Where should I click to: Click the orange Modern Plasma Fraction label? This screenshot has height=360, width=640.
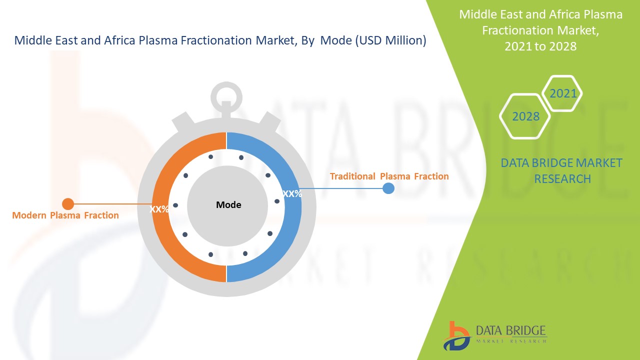pyautogui.click(x=65, y=215)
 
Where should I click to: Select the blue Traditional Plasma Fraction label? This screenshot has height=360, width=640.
pyautogui.click(x=389, y=176)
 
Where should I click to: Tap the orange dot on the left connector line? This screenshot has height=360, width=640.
pyautogui.click(x=68, y=204)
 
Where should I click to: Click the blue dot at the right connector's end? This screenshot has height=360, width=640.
pyautogui.click(x=388, y=188)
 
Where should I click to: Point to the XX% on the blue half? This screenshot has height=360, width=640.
pyautogui.click(x=292, y=194)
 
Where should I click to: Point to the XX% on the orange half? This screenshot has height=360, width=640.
pyautogui.click(x=159, y=209)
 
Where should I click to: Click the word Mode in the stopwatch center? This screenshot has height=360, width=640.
pyautogui.click(x=228, y=204)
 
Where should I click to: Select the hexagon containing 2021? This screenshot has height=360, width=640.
pyautogui.click(x=563, y=93)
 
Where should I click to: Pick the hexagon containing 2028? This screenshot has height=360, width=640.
pyautogui.click(x=525, y=116)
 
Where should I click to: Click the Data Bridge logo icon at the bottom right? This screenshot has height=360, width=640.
pyautogui.click(x=456, y=335)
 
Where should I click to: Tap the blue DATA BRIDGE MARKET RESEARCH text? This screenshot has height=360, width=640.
pyautogui.click(x=562, y=170)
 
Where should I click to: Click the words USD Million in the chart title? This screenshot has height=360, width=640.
pyautogui.click(x=390, y=41)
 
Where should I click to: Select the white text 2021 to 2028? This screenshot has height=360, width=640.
pyautogui.click(x=540, y=46)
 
